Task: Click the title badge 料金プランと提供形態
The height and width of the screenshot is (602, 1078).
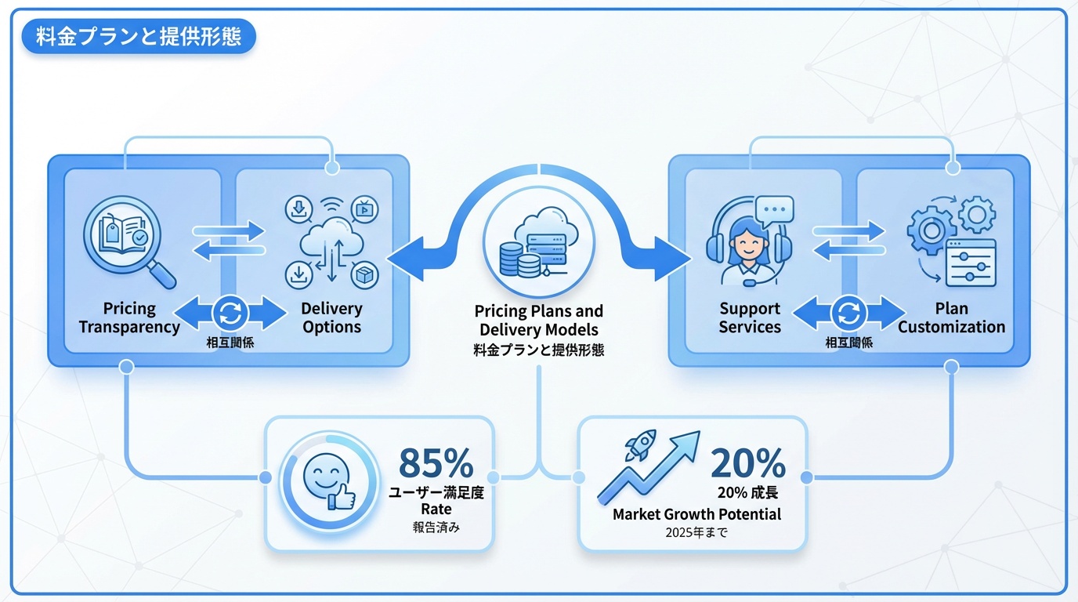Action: (139, 37)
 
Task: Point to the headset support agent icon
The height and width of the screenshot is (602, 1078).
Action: (747, 239)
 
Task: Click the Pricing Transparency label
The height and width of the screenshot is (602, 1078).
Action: (129, 317)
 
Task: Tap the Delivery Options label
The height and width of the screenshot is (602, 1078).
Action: (331, 317)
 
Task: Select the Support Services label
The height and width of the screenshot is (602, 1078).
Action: (750, 317)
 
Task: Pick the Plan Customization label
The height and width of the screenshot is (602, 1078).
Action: (951, 317)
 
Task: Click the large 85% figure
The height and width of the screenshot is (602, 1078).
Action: (436, 463)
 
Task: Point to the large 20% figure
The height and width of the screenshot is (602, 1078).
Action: (747, 463)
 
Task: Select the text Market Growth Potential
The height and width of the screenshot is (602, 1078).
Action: (696, 514)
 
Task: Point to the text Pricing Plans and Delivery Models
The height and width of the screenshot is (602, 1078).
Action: (539, 321)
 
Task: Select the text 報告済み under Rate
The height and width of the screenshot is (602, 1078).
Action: (436, 528)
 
